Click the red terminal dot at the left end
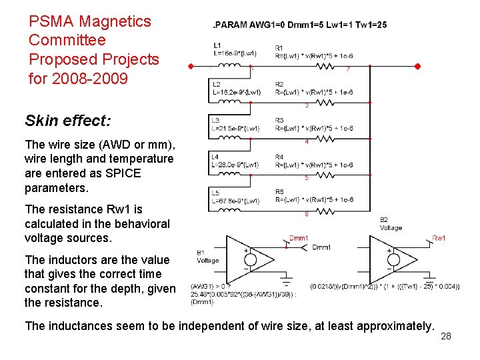(x=191, y=67)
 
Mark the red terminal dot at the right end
(x=418, y=67)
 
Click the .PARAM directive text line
(x=299, y=25)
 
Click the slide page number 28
(x=446, y=336)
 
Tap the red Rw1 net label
(x=439, y=237)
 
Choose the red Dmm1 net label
(x=298, y=238)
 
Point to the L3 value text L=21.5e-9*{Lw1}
(x=235, y=128)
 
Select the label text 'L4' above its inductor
(x=215, y=157)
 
